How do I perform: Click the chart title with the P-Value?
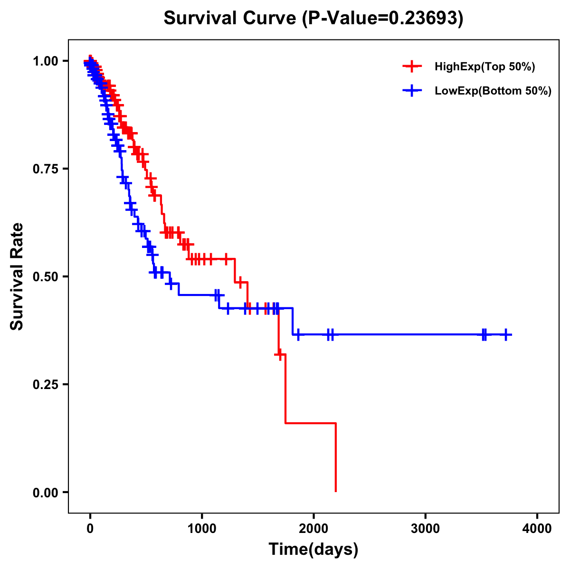click(313, 18)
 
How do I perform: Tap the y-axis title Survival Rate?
click(17, 276)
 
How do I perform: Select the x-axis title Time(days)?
click(313, 549)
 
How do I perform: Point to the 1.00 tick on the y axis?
click(46, 61)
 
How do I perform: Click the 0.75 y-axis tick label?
click(46, 169)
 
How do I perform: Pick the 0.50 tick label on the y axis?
click(46, 276)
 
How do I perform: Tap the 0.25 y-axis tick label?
click(46, 384)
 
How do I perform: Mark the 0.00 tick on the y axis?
click(46, 492)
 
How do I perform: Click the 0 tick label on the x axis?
click(90, 529)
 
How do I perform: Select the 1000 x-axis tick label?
click(202, 529)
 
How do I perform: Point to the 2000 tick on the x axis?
click(313, 529)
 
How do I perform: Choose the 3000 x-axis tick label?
click(426, 529)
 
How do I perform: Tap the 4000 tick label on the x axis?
click(537, 529)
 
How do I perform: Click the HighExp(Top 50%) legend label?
click(484, 67)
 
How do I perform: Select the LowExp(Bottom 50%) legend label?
click(493, 91)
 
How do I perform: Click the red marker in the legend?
click(412, 66)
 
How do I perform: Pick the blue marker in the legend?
click(412, 91)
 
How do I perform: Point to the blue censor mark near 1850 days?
click(298, 334)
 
